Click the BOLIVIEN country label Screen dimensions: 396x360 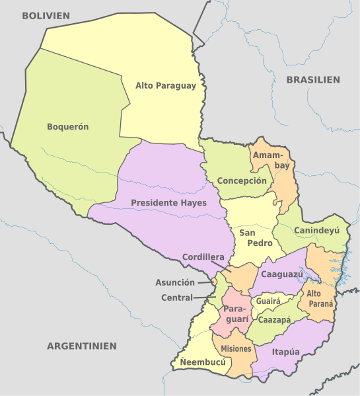(46, 15)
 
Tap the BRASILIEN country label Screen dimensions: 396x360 (313, 79)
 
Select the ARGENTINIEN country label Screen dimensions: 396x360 (82, 346)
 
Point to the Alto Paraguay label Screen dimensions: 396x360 (166, 85)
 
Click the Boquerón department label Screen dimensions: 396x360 (68, 126)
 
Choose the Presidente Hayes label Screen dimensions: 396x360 (168, 202)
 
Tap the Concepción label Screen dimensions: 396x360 (242, 180)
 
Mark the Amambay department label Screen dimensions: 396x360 (273, 159)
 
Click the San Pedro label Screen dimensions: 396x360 (252, 237)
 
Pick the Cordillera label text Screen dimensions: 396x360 (203, 257)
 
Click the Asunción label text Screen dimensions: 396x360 (175, 282)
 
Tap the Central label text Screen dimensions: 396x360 (177, 297)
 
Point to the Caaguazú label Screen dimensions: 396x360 (281, 273)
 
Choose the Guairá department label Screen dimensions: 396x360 (268, 300)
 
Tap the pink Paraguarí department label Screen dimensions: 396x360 (236, 314)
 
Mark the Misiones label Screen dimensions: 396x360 (236, 348)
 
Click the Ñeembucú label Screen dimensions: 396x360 (202, 363)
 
